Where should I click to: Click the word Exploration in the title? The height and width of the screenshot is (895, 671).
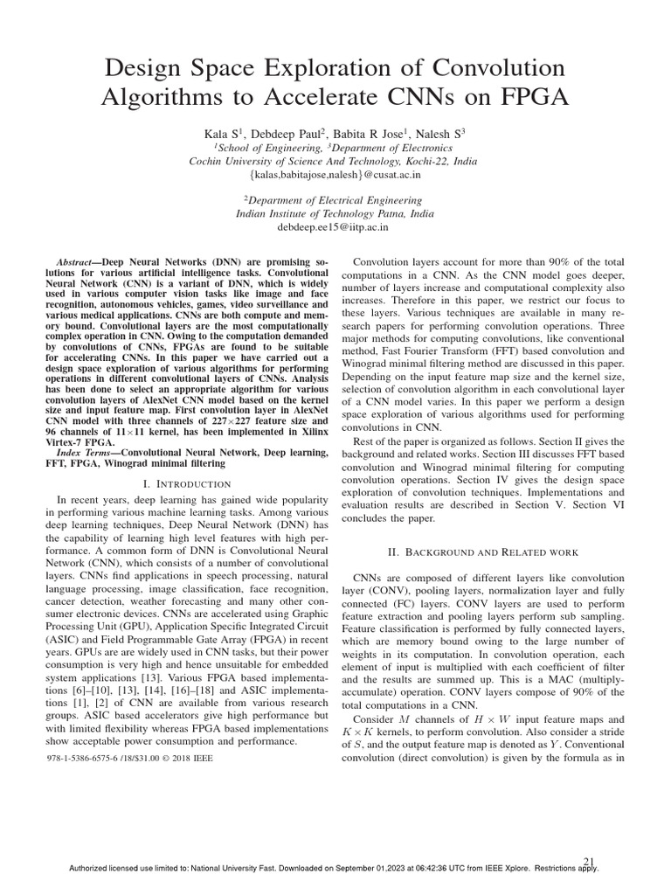[x=342, y=67]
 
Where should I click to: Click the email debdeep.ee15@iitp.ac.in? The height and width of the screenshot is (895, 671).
[x=335, y=227]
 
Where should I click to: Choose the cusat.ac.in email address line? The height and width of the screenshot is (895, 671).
[x=335, y=175]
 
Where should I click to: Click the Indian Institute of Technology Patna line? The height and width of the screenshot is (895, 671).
[x=335, y=213]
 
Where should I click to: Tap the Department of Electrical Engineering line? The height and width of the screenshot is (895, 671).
[x=335, y=200]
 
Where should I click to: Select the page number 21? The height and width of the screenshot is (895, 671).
[x=589, y=862]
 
